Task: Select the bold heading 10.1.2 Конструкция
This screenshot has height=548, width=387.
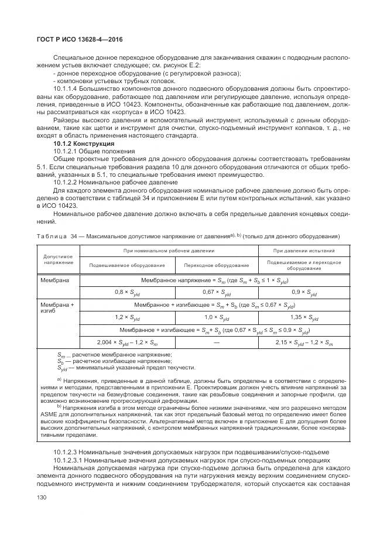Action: pyautogui.click(x=84, y=143)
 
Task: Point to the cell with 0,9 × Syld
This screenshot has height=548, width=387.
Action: pyautogui.click(x=304, y=292)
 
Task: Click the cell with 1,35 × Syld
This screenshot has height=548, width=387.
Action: pyautogui.click(x=304, y=318)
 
